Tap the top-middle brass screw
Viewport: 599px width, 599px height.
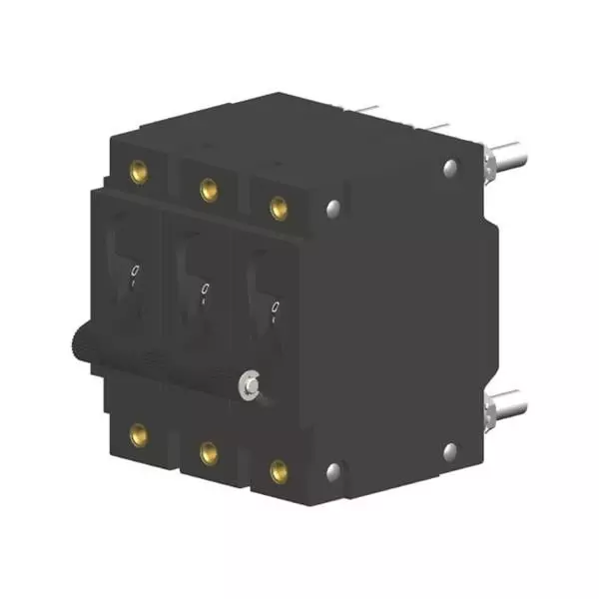coord(208,188)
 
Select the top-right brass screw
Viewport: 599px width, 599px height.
coord(279,207)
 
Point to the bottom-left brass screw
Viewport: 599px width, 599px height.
coord(139,433)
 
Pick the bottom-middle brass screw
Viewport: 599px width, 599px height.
coord(208,452)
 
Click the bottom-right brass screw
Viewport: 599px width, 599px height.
coord(279,468)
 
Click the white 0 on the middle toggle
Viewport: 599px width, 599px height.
coord(204,291)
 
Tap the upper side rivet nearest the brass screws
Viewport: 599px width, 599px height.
coord(333,208)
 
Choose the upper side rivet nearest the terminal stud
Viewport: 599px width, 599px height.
coord(450,169)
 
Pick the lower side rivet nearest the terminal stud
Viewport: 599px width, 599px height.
coord(450,451)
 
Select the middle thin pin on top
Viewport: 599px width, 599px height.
coord(429,125)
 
